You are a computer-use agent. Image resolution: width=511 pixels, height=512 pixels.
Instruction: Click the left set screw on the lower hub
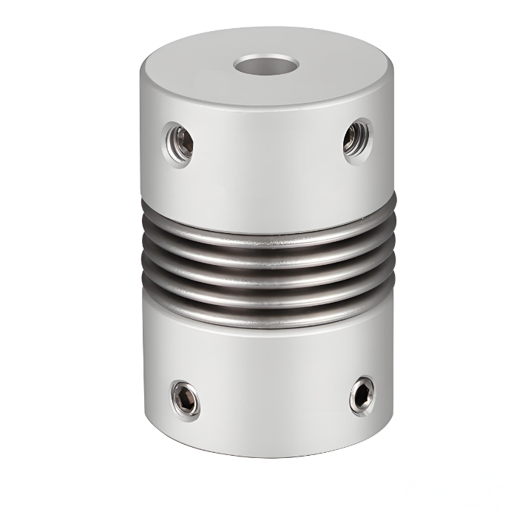click(x=186, y=400)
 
